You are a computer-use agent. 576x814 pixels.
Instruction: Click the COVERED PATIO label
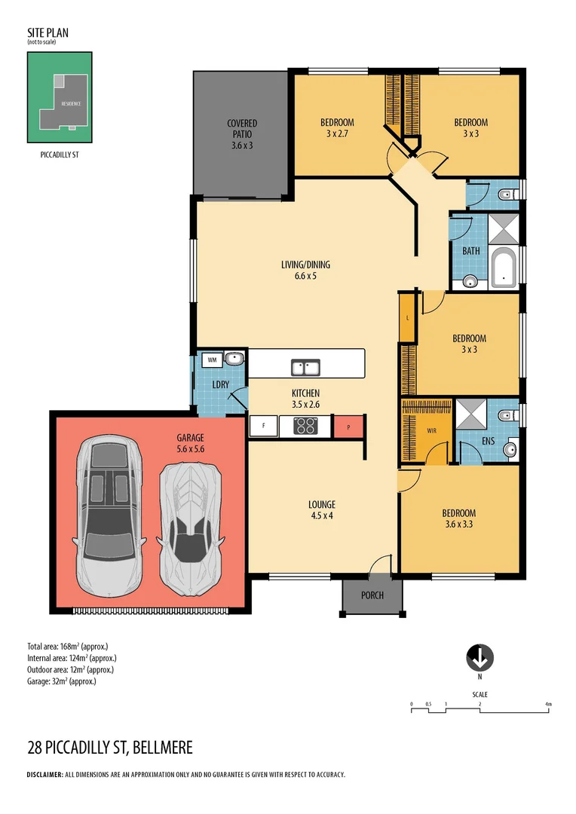(x=242, y=128)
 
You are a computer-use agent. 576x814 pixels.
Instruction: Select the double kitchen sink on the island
(x=306, y=368)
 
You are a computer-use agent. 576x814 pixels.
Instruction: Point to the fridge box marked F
(x=263, y=427)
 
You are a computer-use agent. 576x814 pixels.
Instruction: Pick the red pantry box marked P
(x=348, y=427)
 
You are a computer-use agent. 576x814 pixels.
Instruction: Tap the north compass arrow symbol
(x=479, y=657)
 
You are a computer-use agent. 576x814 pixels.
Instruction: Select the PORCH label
(x=372, y=595)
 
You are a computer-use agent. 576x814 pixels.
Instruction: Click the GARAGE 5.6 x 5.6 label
(x=191, y=442)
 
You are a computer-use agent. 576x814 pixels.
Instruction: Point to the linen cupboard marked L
(x=407, y=317)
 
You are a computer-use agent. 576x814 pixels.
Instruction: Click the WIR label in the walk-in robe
(x=431, y=431)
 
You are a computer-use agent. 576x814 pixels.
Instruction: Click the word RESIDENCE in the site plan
(x=71, y=103)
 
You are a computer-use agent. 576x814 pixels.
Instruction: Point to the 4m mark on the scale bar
(x=549, y=705)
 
